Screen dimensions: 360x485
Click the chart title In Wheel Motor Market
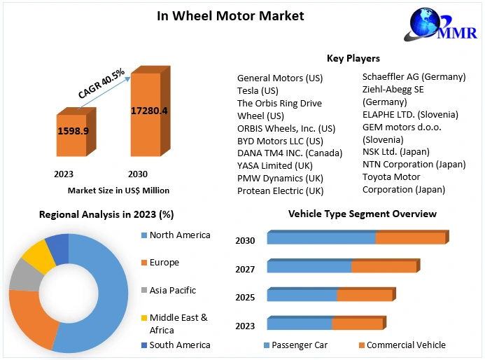230,15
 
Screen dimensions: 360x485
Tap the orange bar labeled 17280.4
149,112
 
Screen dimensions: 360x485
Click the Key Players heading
353,58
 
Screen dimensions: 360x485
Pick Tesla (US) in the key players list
258,91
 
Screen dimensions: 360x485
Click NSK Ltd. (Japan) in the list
396,151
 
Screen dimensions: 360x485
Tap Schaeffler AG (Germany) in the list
414,76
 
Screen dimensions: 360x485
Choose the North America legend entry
179,235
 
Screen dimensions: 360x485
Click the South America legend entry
180,345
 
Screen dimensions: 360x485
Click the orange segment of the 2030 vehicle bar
410,238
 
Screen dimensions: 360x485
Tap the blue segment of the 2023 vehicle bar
299,324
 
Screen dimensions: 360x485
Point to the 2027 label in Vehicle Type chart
245,270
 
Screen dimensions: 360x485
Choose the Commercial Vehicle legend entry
406,345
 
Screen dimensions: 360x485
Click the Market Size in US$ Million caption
118,191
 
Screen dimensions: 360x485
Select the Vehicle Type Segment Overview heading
363,214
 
